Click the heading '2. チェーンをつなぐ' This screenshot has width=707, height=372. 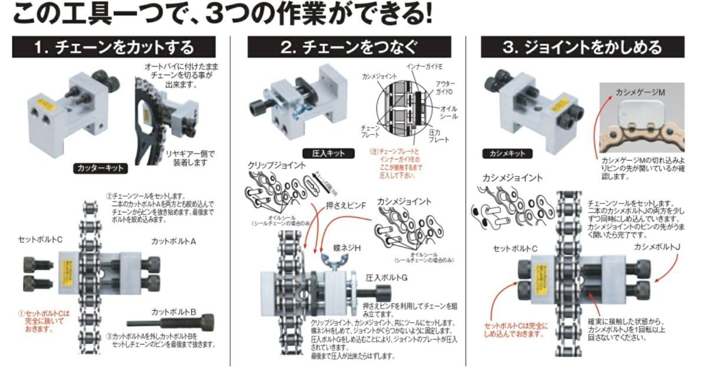(349, 47)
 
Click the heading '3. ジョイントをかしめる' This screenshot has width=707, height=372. (583, 47)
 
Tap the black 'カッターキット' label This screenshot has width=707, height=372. (101, 168)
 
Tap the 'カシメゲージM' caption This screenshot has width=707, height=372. (641, 93)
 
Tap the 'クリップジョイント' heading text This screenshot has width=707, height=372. (276, 165)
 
